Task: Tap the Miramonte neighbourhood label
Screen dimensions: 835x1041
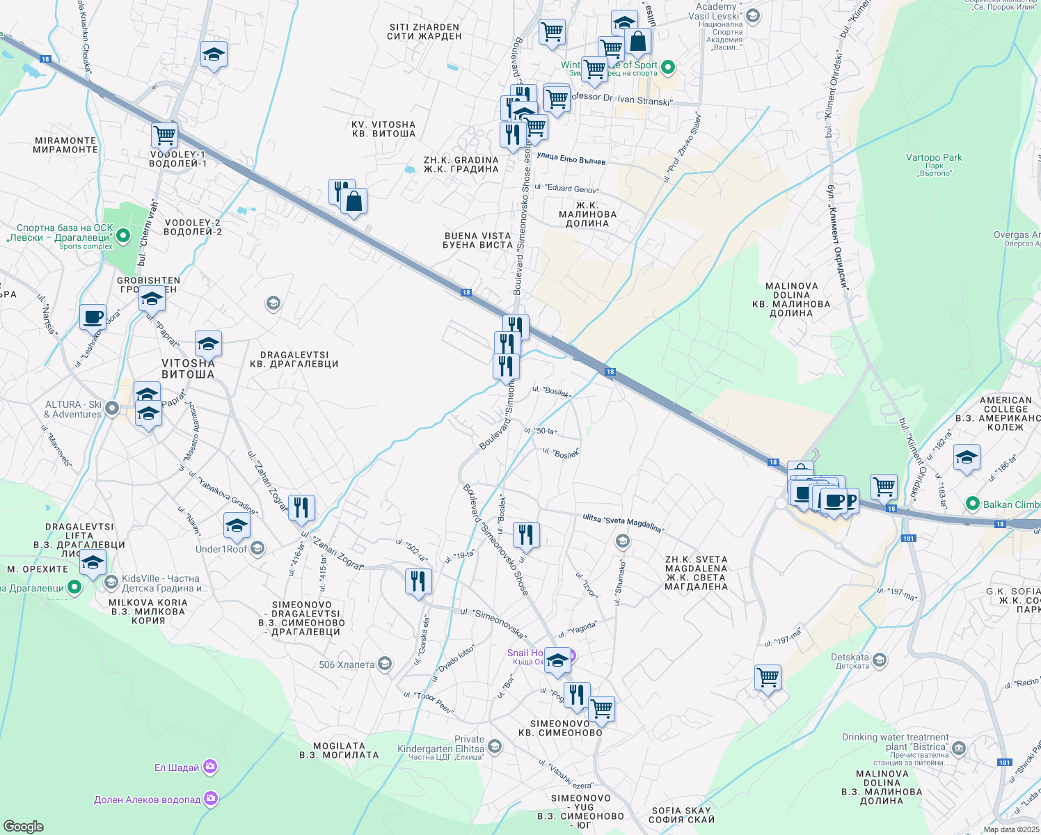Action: [x=65, y=145]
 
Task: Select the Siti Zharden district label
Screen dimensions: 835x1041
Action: [x=424, y=31]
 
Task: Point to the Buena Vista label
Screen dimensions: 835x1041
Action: [x=477, y=240]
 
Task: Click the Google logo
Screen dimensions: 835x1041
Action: [x=23, y=826]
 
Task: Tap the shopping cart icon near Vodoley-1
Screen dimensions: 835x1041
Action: [x=164, y=135]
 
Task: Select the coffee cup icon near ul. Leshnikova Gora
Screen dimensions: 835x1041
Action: [x=93, y=317]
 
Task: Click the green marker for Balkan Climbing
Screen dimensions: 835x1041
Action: [x=972, y=504]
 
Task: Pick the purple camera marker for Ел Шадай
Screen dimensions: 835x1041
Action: [x=210, y=767]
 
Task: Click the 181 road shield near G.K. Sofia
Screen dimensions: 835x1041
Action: [x=908, y=538]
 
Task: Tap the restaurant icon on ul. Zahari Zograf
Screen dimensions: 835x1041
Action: [x=301, y=508]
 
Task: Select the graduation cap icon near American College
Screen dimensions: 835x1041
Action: [x=967, y=458]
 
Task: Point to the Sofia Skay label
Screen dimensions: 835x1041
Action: [x=681, y=815]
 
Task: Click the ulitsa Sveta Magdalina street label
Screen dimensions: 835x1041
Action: [x=623, y=523]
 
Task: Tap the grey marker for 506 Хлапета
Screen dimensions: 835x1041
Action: [x=384, y=664]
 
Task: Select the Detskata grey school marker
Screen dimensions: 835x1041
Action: [x=880, y=660]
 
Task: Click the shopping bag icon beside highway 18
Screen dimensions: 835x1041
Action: [x=353, y=202]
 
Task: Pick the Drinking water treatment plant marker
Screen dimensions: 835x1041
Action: [x=959, y=749]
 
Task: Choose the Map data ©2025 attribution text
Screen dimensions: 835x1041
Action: [x=1011, y=829]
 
